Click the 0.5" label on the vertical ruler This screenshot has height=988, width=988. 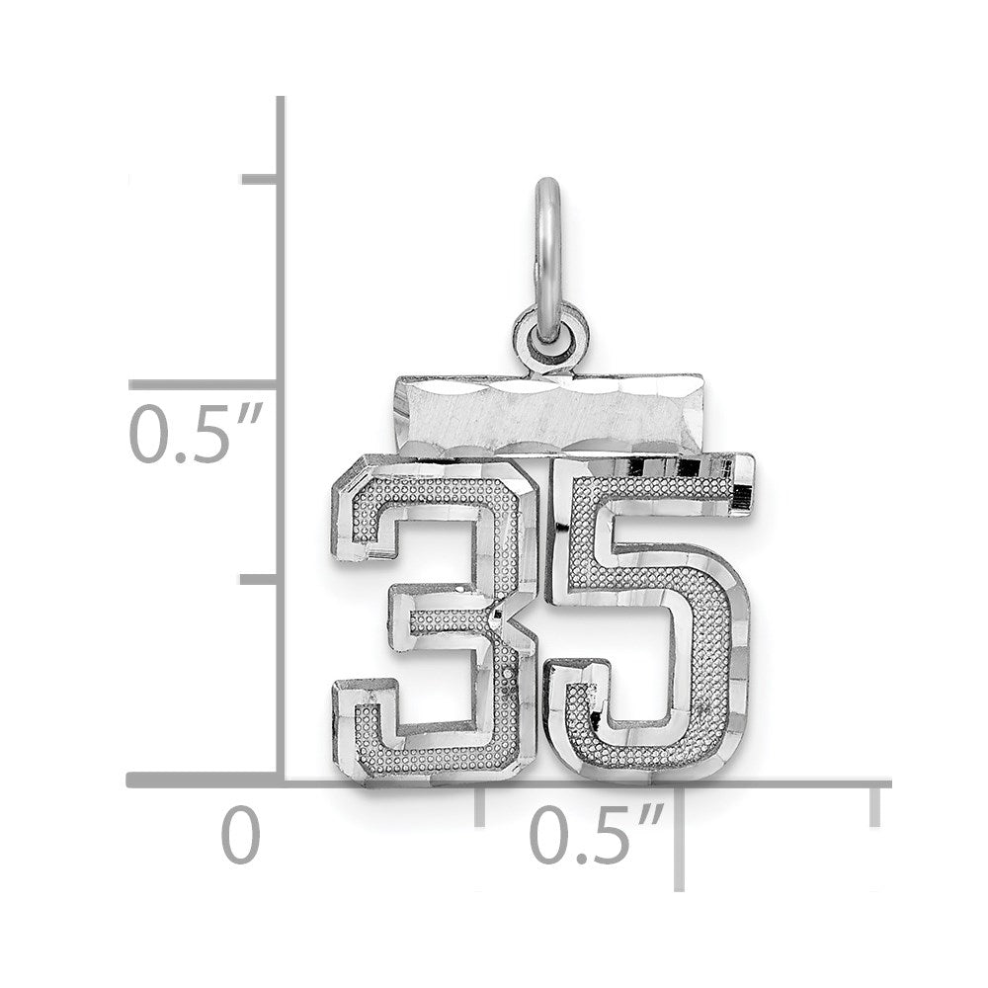[x=196, y=434]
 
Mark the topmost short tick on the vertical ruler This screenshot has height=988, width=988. [x=259, y=179]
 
